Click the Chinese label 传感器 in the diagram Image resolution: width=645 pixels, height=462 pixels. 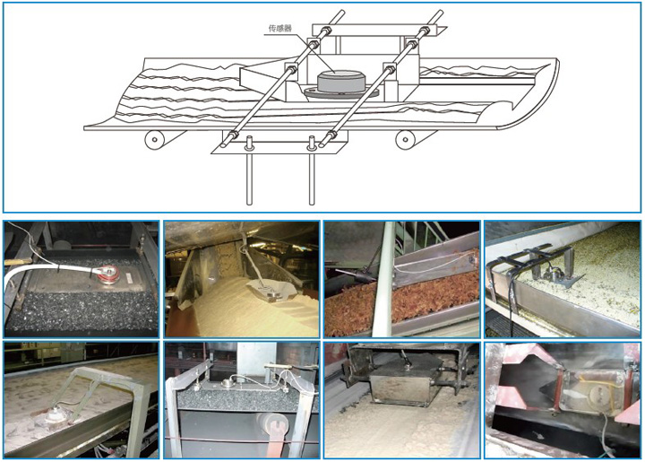pos(279,28)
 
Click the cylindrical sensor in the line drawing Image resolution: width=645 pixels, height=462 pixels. pos(341,81)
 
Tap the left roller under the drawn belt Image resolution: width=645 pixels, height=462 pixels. pos(155,140)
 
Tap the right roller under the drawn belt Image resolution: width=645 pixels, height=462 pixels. pos(406,140)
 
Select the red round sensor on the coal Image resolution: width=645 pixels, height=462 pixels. pos(108,274)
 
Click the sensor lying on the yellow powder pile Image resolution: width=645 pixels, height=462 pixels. pos(270,290)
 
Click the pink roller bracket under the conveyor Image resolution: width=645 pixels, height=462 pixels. pos(272,432)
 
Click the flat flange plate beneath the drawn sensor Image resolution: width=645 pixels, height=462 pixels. pos(341,92)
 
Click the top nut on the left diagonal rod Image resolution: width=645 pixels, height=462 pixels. pos(326,31)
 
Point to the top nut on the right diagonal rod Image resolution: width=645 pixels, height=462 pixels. pos(424,31)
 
